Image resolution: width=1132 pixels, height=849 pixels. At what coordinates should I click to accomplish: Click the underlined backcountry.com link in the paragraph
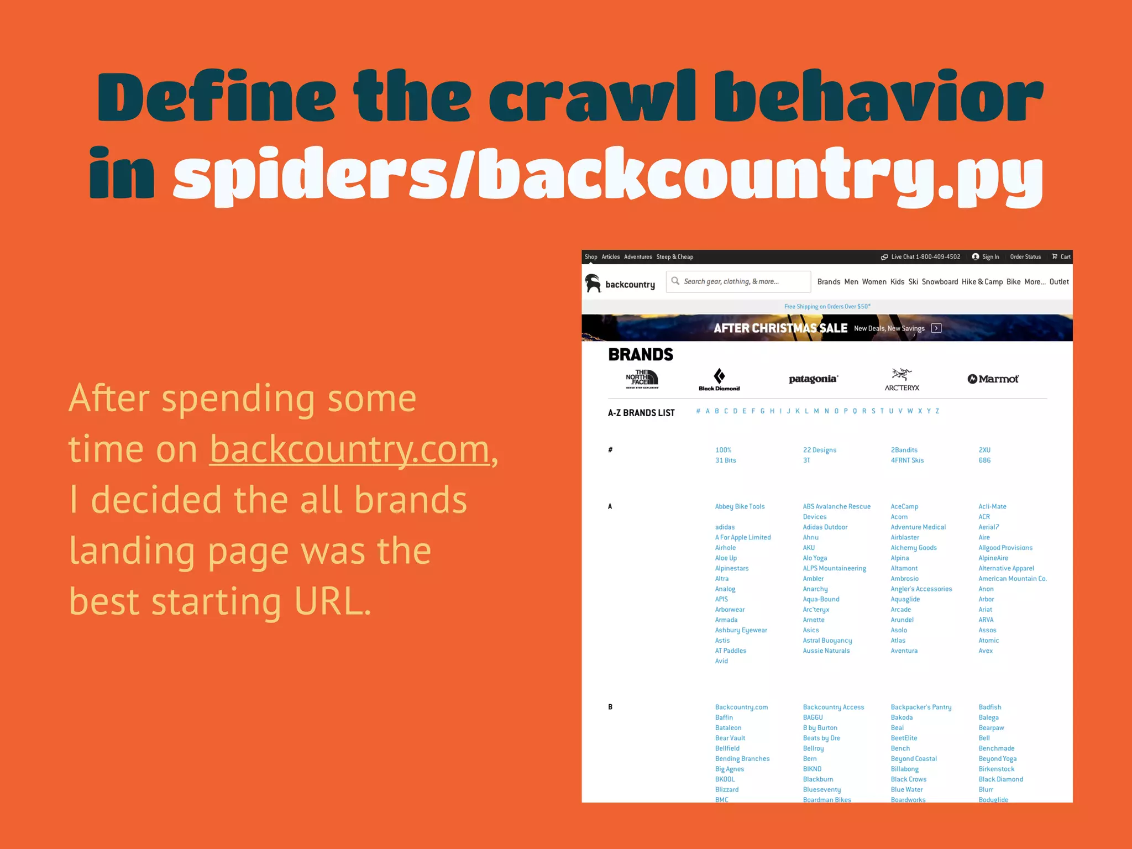coord(349,449)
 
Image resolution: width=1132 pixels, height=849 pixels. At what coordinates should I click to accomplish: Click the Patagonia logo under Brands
coord(813,379)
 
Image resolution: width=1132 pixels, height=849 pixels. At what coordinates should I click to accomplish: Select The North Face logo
coord(642,379)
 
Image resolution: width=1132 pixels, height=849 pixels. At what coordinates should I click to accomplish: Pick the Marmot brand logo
coord(993,379)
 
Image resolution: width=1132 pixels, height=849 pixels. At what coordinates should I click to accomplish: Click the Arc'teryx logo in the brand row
coord(902,379)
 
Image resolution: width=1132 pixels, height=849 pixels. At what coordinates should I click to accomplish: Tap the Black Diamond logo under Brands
coord(719,380)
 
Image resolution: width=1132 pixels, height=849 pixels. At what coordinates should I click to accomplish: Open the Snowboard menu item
coord(940,282)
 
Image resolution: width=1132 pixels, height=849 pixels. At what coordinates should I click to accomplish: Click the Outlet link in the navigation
coord(1059,282)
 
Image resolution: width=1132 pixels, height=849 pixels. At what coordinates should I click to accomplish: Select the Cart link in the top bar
coord(1061,257)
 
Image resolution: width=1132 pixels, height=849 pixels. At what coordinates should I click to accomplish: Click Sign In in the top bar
coord(986,257)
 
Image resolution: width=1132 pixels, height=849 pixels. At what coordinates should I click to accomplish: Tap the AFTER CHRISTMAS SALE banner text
coord(780,328)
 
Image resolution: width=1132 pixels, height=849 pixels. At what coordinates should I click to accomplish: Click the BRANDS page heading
coord(641,354)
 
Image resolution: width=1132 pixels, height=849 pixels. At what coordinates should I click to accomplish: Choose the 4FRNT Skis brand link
coord(907,460)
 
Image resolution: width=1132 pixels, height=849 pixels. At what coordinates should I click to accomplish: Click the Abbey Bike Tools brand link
coord(740,506)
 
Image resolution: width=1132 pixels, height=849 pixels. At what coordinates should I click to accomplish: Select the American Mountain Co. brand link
coord(1013,579)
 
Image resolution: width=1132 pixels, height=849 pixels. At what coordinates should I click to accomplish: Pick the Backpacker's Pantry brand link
coord(921,707)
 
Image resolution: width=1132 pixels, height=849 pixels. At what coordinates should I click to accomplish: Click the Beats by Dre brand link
coord(821,738)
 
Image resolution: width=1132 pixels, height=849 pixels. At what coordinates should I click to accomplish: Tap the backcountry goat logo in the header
coord(593,283)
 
